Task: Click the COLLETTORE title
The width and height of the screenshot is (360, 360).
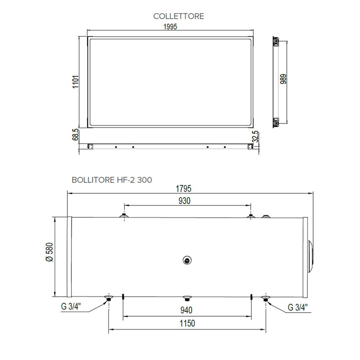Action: click(179, 16)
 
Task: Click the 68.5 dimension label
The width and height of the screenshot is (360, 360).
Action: click(75, 136)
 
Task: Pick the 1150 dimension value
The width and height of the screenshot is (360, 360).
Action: click(187, 324)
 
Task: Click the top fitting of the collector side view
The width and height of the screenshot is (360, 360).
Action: click(276, 42)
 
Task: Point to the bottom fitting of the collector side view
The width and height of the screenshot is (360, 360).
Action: click(276, 122)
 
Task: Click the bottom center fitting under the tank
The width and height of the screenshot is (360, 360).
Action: click(186, 298)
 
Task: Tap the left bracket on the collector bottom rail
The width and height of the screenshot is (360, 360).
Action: click(90, 147)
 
